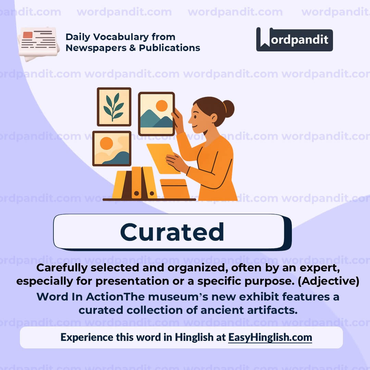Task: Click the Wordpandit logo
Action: point(294,39)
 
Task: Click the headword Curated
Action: point(172,232)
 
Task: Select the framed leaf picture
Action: point(114,107)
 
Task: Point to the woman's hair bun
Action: point(228,108)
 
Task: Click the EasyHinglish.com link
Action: point(270,337)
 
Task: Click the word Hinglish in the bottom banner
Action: point(194,337)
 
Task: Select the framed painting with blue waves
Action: point(112,148)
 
